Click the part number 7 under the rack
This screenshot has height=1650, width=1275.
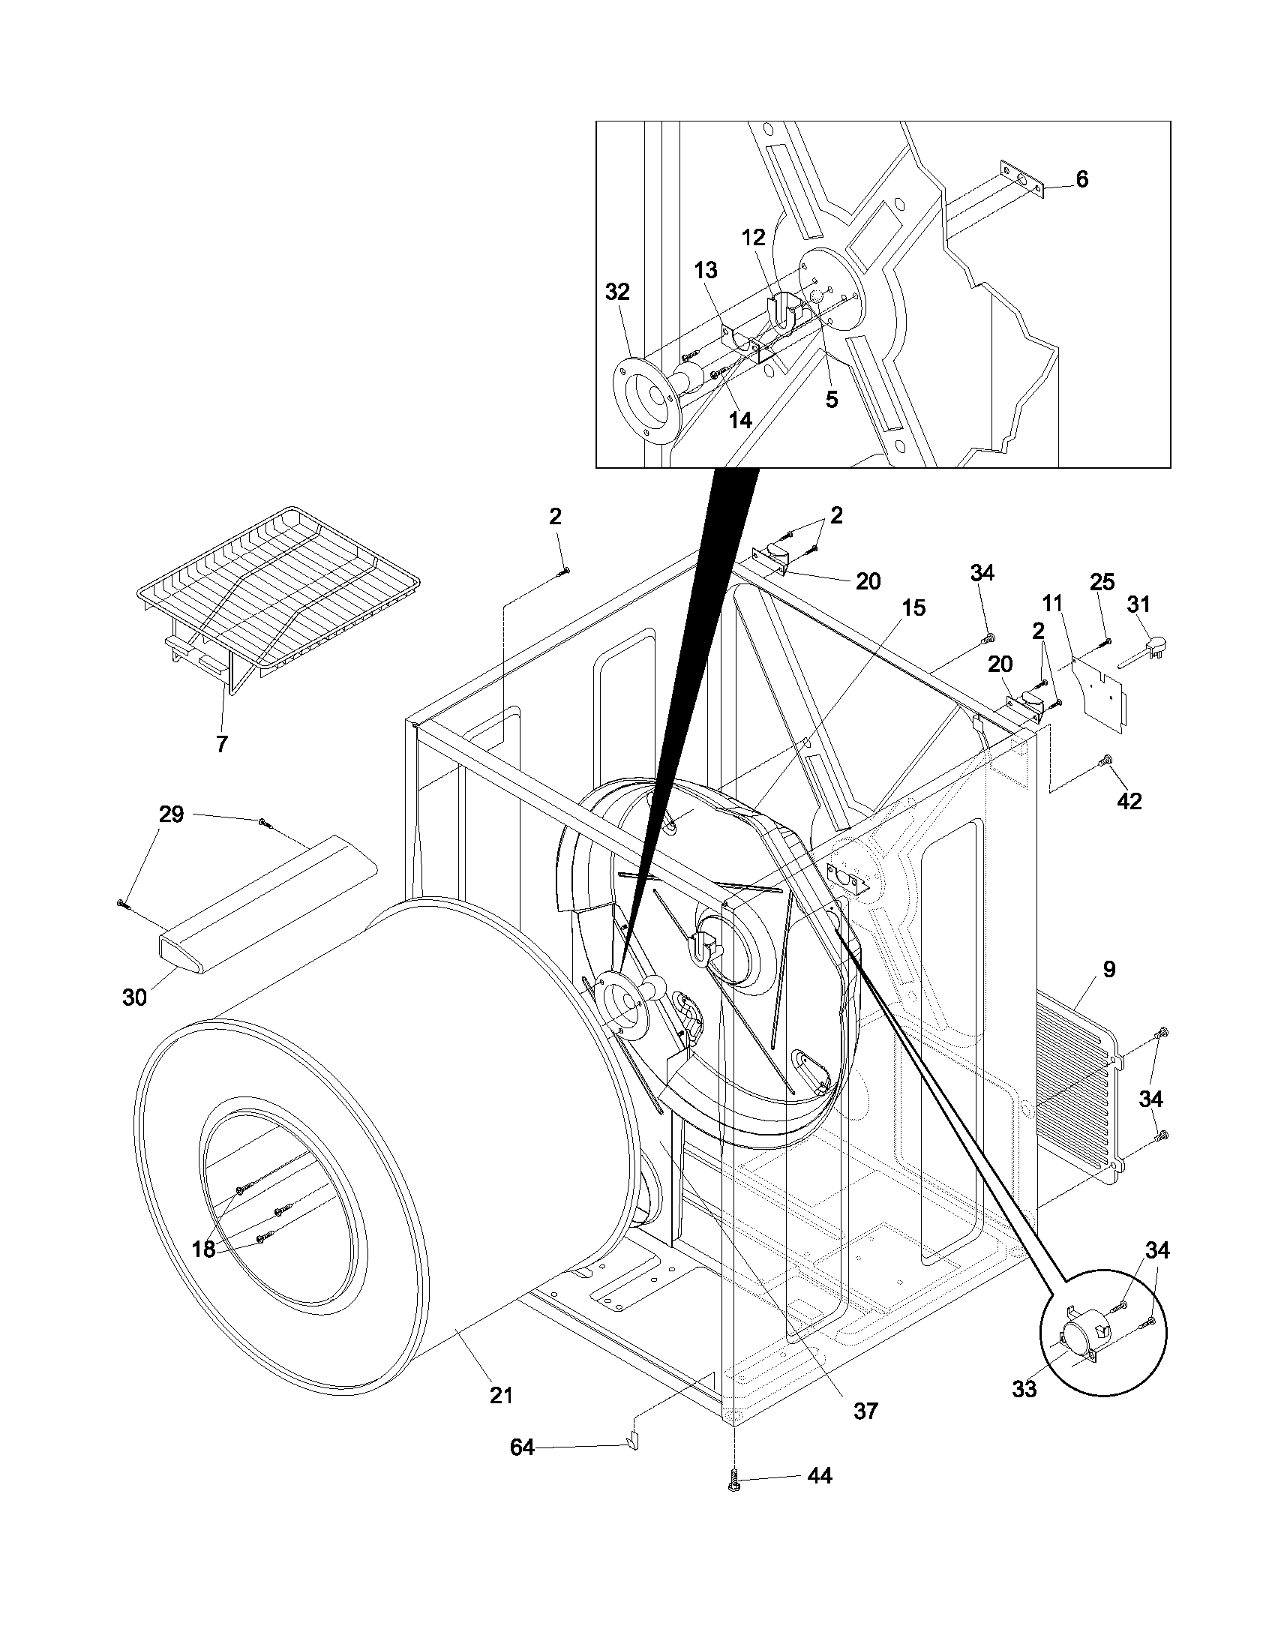221,744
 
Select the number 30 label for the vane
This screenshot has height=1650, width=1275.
134,997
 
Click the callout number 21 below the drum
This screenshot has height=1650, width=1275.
501,1396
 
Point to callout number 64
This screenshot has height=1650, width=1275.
522,1447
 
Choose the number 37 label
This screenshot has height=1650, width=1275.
865,1411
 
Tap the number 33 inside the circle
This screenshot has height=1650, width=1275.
1024,1388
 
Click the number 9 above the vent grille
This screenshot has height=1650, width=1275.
1108,970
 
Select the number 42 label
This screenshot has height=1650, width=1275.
1129,801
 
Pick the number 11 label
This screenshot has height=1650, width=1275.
1052,603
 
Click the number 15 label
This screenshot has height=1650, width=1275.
913,607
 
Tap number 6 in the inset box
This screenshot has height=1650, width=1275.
1081,180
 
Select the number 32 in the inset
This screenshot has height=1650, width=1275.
617,292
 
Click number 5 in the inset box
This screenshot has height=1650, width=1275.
831,400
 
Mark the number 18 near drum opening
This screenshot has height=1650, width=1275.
203,1249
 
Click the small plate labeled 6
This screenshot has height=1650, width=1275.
1021,180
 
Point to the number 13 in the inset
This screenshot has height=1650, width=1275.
706,270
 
